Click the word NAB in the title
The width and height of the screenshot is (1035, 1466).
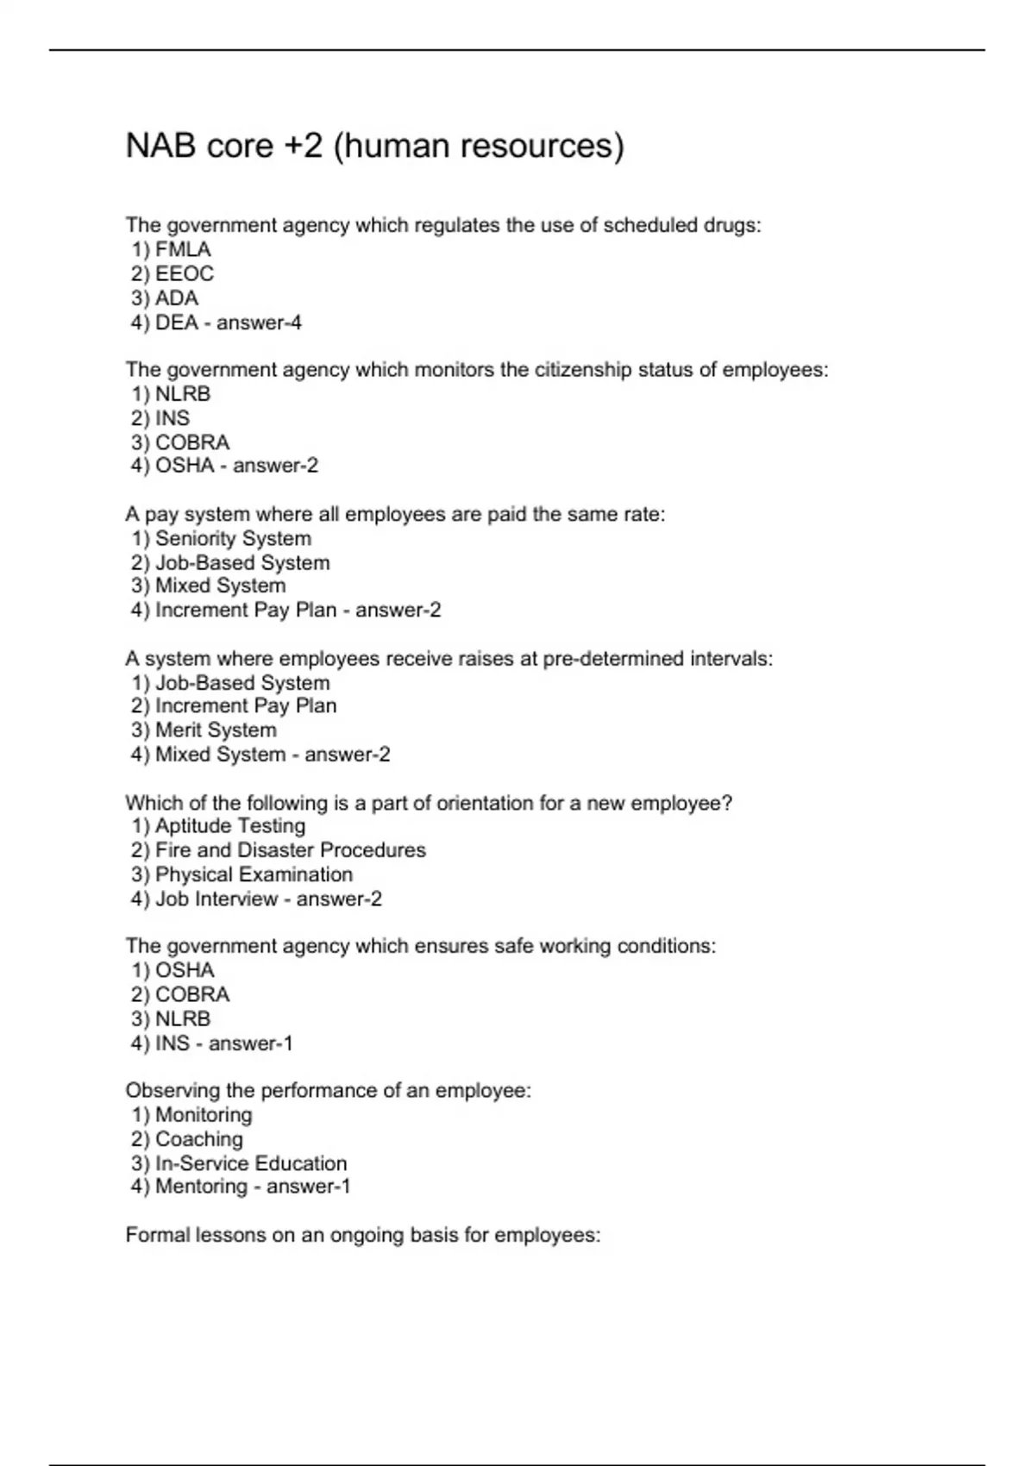(x=160, y=146)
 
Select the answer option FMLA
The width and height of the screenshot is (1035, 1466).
(x=182, y=250)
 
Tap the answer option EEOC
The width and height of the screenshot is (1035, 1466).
(x=184, y=274)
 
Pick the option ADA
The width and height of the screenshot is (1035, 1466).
(x=176, y=298)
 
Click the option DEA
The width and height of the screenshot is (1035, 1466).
(x=176, y=323)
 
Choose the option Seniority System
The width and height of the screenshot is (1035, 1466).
(x=233, y=539)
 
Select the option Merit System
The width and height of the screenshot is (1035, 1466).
(x=216, y=730)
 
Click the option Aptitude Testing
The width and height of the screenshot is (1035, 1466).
(x=229, y=826)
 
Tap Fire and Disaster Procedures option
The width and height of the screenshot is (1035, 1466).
(x=290, y=850)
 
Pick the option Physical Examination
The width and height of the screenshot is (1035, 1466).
(x=254, y=874)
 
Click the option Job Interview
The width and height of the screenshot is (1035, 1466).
(x=216, y=899)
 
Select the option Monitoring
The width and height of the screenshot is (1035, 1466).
(x=204, y=1115)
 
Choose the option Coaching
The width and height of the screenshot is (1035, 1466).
(x=198, y=1139)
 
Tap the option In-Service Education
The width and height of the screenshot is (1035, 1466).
(x=250, y=1163)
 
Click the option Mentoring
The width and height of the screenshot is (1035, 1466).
(x=201, y=1187)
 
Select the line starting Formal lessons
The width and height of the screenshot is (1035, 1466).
(x=362, y=1235)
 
